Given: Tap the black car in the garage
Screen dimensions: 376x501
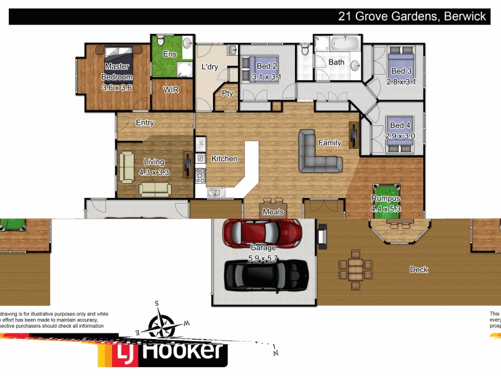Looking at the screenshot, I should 266,273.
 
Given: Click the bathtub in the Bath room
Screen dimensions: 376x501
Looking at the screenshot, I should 344,44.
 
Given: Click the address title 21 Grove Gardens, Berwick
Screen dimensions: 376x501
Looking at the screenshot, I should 412,17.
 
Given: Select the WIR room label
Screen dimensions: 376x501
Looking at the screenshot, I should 171,90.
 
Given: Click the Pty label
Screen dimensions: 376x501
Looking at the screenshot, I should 227,94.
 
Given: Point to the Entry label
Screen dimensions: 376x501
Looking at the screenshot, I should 145,123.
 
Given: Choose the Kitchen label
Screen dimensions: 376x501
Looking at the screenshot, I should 224,159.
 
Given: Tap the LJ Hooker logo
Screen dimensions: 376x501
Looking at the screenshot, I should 163,352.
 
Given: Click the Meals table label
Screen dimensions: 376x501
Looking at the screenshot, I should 273,212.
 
